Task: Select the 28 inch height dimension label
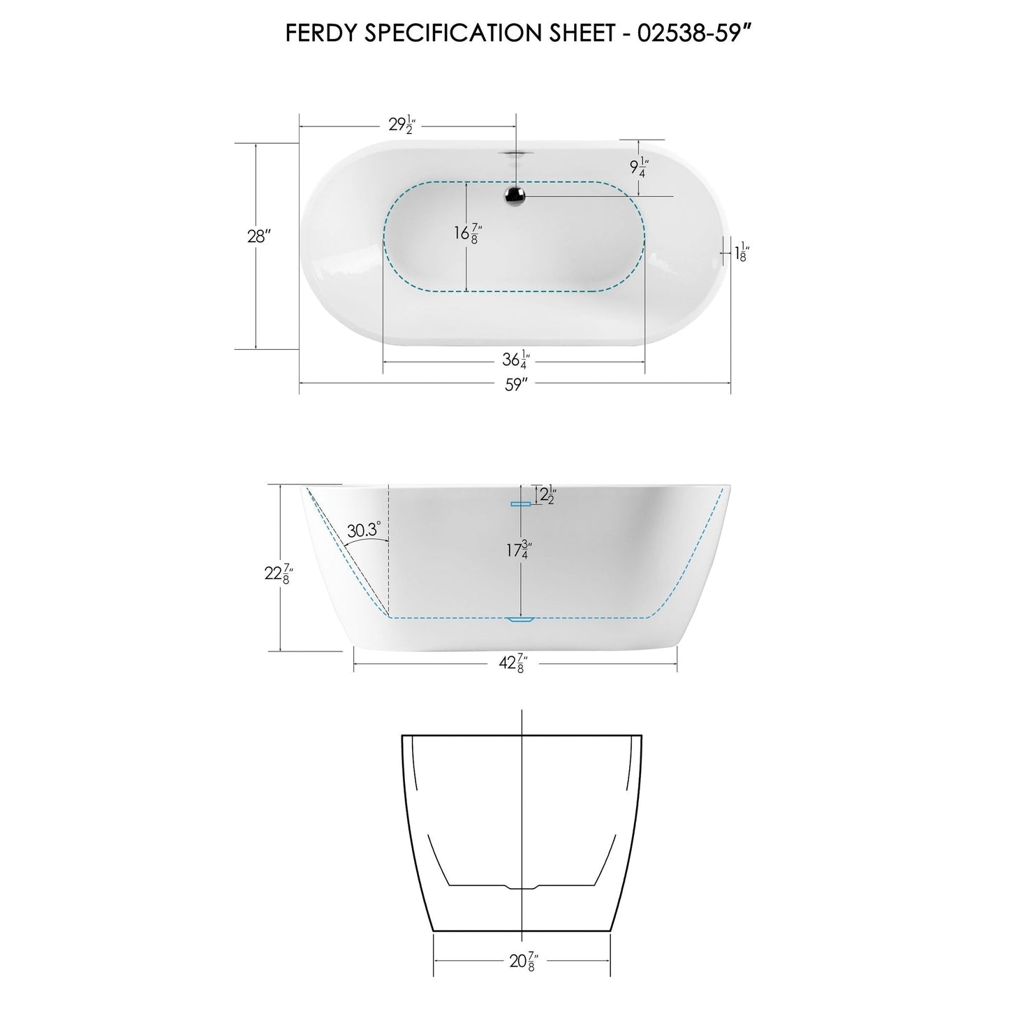point(258,236)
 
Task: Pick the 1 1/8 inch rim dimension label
point(742,251)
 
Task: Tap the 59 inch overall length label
point(515,384)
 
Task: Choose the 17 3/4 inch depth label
point(517,550)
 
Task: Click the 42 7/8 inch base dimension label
point(515,664)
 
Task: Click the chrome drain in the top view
point(516,196)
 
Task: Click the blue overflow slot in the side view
point(521,503)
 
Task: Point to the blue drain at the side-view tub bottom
point(520,619)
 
